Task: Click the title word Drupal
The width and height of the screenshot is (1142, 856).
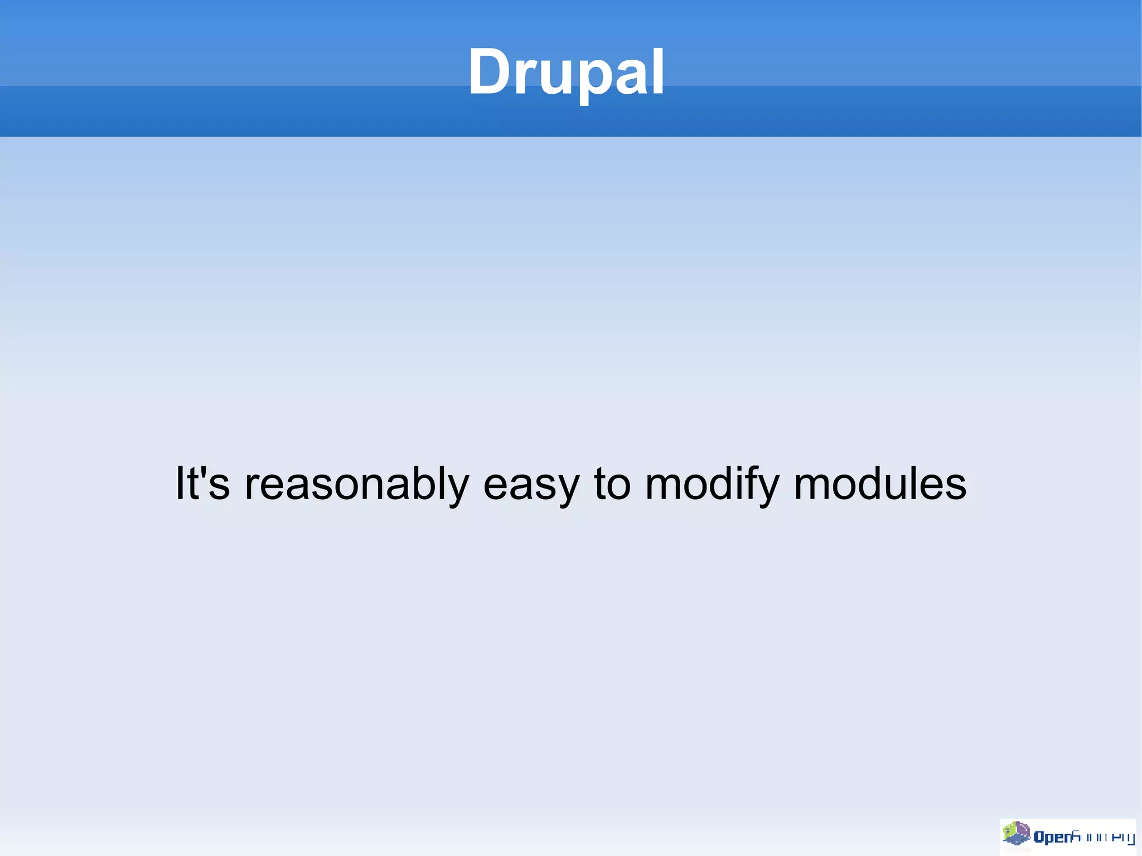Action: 566,72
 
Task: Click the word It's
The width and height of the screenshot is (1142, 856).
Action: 202,483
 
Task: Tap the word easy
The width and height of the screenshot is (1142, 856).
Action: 531,485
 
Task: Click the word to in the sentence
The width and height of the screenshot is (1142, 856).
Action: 612,483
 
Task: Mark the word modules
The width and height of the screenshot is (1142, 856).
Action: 880,483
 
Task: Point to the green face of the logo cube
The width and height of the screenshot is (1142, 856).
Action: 1010,832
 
